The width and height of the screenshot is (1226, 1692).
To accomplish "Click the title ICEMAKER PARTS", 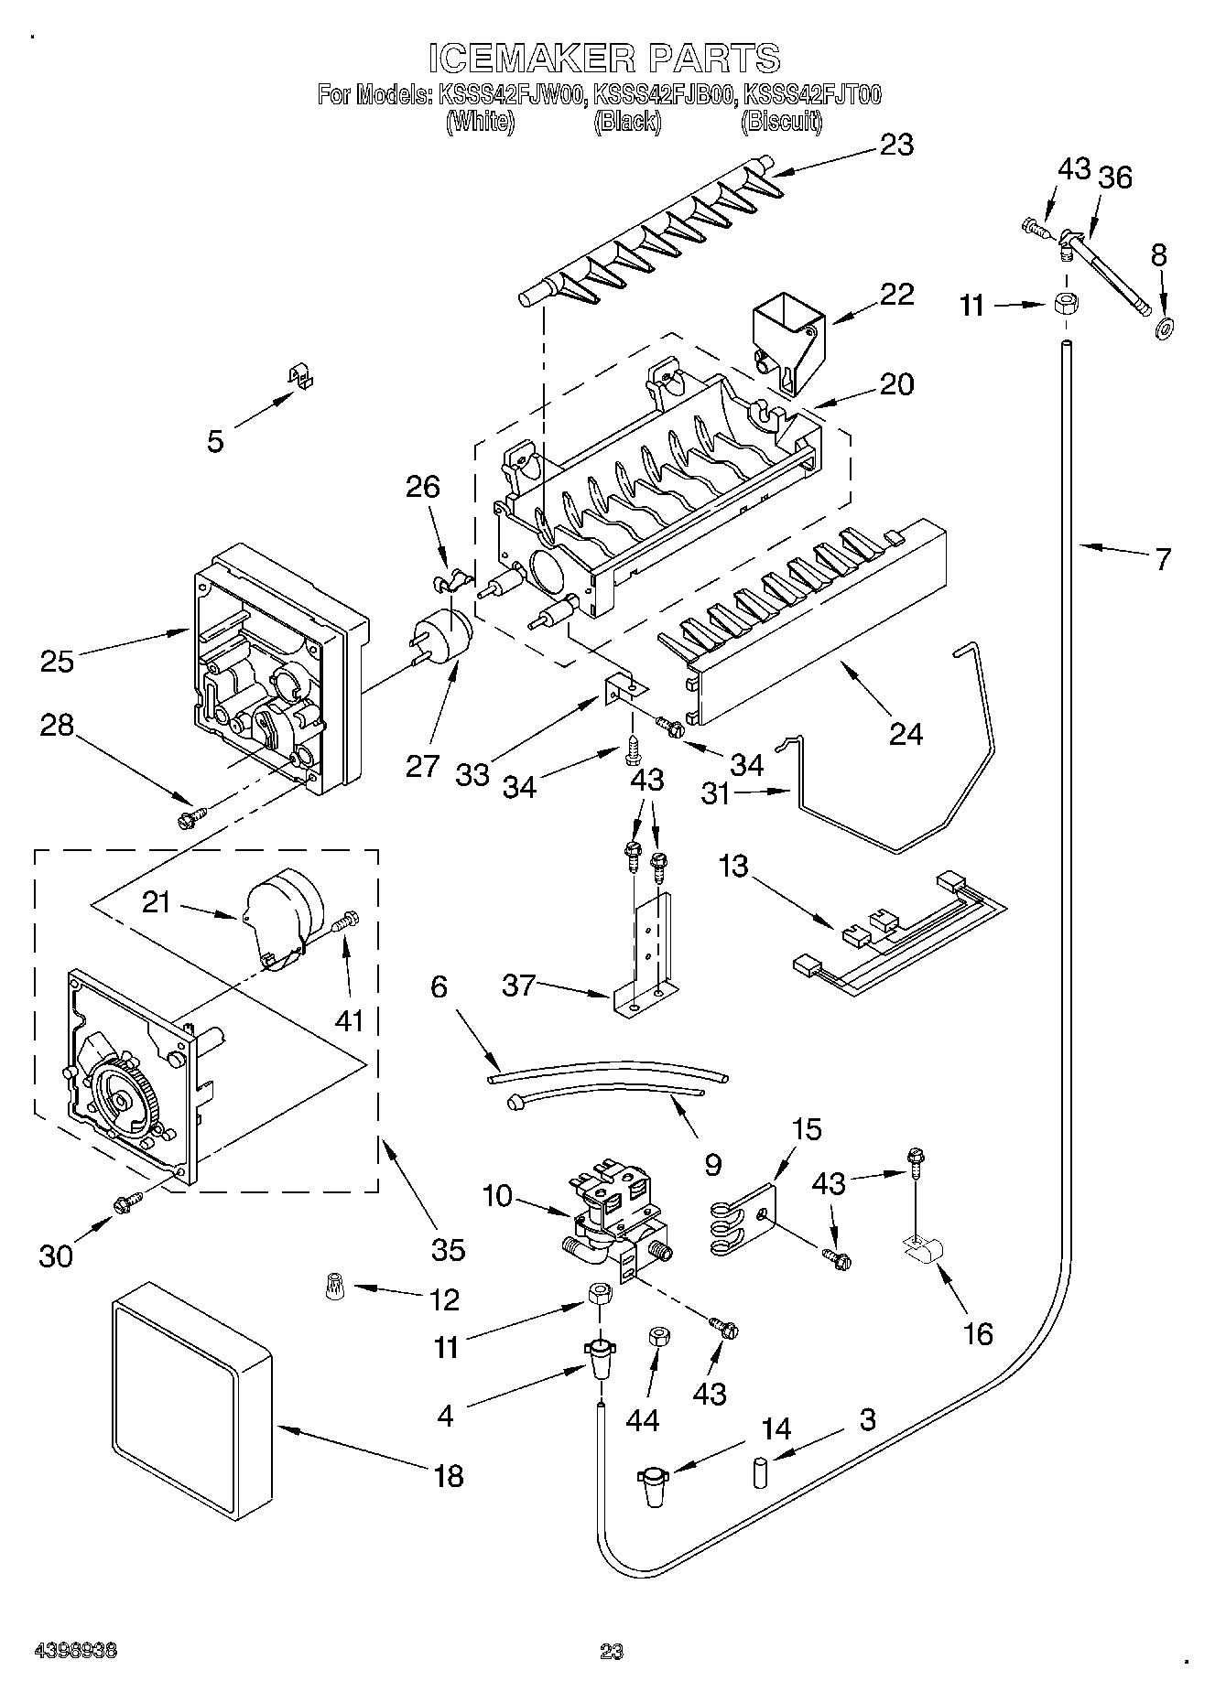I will click(604, 58).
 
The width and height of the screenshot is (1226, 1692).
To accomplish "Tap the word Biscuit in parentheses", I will click(780, 121).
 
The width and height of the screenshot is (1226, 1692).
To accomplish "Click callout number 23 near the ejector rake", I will click(896, 145).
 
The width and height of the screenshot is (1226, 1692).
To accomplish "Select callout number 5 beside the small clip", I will click(214, 441).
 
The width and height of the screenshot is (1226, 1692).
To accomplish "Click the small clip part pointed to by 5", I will click(298, 377).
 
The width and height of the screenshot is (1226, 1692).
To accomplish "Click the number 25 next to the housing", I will click(57, 660).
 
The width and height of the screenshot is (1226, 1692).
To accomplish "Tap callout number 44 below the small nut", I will click(642, 1419).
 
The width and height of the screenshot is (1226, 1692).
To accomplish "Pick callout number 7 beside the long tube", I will click(1162, 559).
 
